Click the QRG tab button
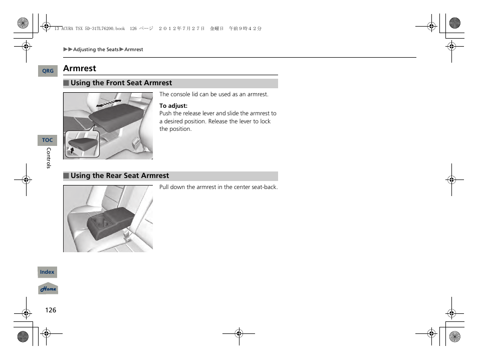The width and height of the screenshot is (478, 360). point(48,71)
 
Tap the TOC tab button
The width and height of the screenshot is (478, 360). point(47,140)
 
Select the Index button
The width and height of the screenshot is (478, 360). point(47,272)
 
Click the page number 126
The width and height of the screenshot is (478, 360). point(51,310)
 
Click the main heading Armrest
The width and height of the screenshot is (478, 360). point(80,68)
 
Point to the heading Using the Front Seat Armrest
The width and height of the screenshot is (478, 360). point(121,83)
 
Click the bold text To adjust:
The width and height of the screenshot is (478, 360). point(173,106)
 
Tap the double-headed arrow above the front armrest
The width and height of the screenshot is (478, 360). point(109,103)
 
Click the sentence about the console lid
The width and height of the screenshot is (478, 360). point(214,94)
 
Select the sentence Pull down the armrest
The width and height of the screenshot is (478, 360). point(218,187)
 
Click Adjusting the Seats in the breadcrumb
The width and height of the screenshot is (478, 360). point(96,50)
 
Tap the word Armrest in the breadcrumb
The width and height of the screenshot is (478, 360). point(134,50)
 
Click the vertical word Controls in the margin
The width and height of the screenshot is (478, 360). point(49,158)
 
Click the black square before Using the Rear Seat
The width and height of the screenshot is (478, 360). point(66,176)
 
